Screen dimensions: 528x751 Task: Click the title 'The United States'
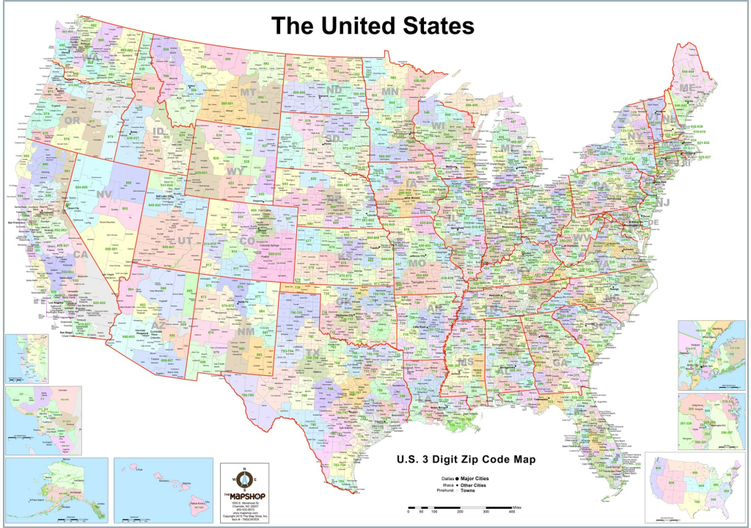click(x=373, y=26)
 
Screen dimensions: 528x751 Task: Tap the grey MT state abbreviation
click(x=248, y=93)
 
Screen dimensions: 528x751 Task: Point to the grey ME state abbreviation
click(x=687, y=88)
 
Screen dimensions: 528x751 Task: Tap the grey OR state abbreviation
click(x=73, y=120)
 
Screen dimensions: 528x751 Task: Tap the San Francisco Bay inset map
click(x=24, y=358)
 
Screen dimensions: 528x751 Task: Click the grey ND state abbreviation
click(x=334, y=90)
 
